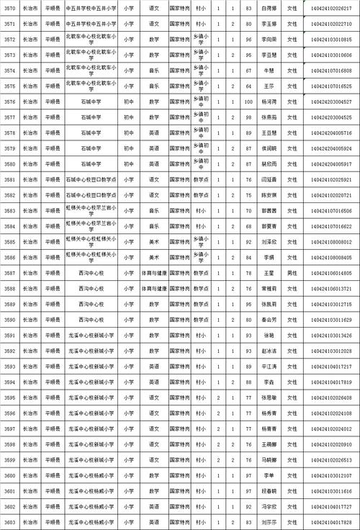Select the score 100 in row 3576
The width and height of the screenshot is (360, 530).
pyautogui.click(x=248, y=102)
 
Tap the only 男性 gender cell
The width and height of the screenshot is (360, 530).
pyautogui.click(x=292, y=273)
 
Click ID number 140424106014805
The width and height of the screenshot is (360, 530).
pyautogui.click(x=332, y=273)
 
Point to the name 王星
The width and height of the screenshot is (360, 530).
pyautogui.click(x=269, y=273)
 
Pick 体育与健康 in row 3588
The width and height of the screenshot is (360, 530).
pyautogui.click(x=153, y=289)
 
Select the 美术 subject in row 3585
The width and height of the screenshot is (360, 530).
pyautogui.click(x=153, y=242)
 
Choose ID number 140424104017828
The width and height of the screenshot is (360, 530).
pyautogui.click(x=332, y=523)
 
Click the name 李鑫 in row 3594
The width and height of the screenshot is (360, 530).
pyautogui.click(x=269, y=382)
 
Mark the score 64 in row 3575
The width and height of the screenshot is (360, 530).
pyautogui.click(x=248, y=86)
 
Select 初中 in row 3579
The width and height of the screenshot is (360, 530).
pyautogui.click(x=128, y=148)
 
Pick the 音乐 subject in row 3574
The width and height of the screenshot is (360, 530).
pyautogui.click(x=153, y=71)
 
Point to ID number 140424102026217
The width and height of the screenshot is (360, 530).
pyautogui.click(x=332, y=8)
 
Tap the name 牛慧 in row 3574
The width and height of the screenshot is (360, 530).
pyautogui.click(x=269, y=71)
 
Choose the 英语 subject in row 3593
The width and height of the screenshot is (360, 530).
pyautogui.click(x=153, y=367)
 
